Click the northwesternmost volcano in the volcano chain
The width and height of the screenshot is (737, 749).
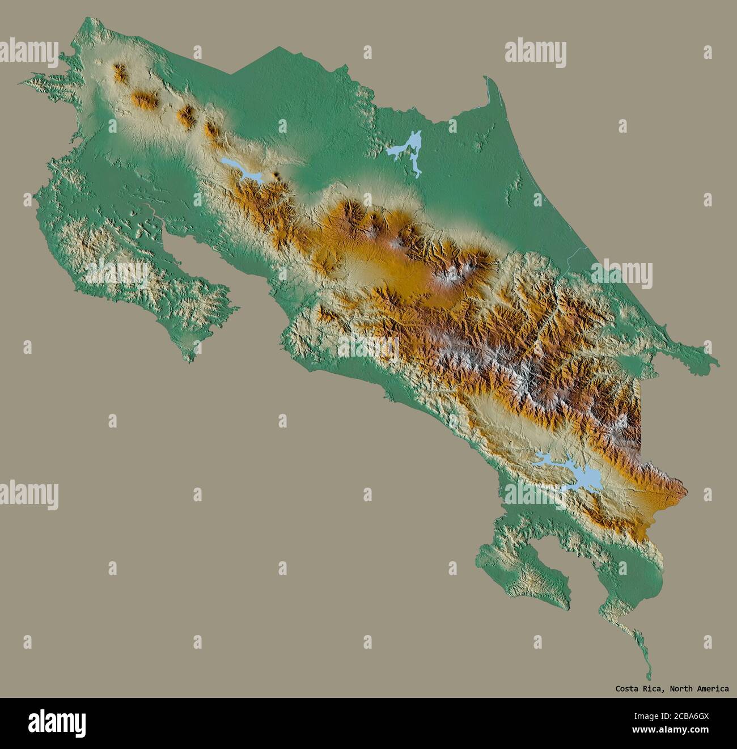coord(120,73)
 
